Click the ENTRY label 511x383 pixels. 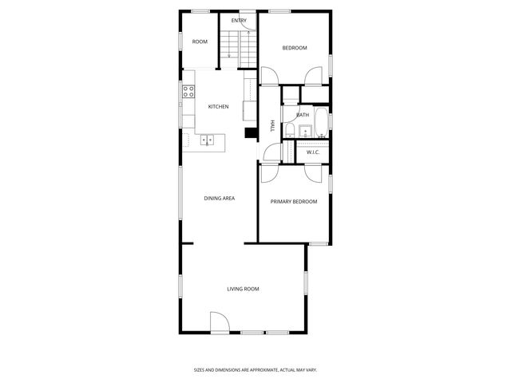point(239,21)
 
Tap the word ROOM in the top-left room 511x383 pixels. point(200,41)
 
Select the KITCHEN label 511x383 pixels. point(219,107)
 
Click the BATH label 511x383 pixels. point(303,115)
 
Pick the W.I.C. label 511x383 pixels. point(312,152)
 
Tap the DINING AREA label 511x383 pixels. point(219,198)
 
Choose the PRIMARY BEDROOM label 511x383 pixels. point(293,202)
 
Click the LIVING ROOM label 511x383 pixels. point(243,289)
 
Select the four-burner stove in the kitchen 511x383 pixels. point(188,92)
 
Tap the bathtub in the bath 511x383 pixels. point(319,122)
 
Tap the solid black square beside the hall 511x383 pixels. point(250,133)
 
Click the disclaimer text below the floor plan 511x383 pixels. point(255,369)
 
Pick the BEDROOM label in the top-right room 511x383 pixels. point(295,48)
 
